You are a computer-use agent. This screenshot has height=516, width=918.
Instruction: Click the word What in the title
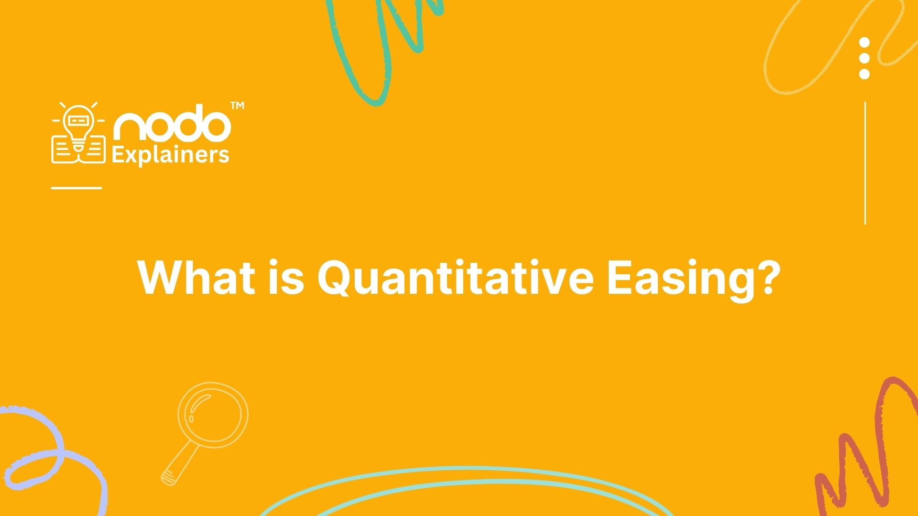[196, 277]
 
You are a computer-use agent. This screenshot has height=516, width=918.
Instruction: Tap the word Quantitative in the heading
[455, 278]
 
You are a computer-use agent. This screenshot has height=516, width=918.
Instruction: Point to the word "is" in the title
[286, 277]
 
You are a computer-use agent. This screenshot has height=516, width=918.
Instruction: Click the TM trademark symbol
[237, 106]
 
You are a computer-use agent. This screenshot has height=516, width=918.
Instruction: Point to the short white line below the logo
[76, 188]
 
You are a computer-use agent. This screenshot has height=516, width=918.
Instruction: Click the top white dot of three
[864, 43]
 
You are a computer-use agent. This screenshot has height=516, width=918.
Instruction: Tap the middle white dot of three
[864, 58]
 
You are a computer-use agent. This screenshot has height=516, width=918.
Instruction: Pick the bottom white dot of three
[864, 74]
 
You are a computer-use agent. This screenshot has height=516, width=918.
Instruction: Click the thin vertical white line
[865, 163]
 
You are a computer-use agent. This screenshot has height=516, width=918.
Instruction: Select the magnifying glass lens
[213, 415]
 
